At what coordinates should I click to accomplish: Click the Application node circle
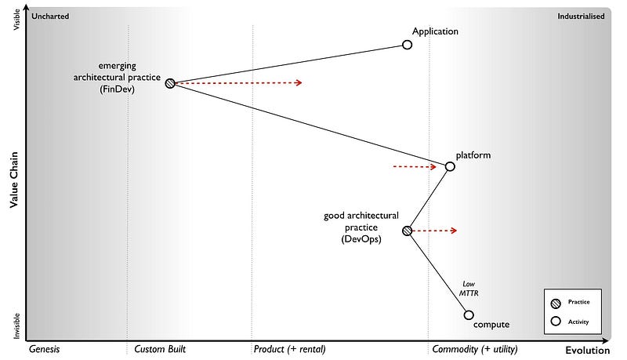[407, 45]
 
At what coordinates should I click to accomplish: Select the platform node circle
[450, 166]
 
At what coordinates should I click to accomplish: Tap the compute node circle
[469, 315]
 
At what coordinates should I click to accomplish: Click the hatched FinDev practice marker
[170, 82]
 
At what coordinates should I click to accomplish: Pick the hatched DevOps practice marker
[407, 231]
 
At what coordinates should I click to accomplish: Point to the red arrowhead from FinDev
[298, 82]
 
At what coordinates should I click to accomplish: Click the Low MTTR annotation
[469, 289]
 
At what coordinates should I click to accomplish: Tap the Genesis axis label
[45, 349]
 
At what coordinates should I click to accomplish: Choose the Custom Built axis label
[160, 349]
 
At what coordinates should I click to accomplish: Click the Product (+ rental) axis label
[289, 349]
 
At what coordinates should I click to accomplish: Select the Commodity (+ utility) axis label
[475, 349]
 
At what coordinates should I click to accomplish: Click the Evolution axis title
[587, 351]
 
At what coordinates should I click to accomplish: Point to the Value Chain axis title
[14, 180]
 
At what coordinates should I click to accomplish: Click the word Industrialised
[581, 16]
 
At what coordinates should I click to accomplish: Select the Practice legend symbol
[556, 302]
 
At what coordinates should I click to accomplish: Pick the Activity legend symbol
[556, 321]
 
